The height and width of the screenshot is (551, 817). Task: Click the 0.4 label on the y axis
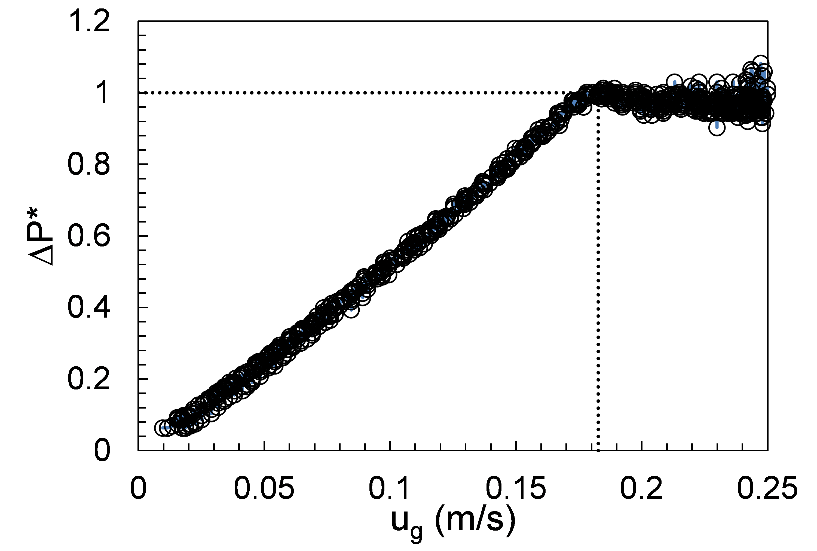click(89, 308)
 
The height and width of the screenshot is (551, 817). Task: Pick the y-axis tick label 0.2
click(89, 379)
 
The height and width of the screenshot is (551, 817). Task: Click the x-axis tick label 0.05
click(264, 488)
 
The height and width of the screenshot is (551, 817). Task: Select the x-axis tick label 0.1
click(389, 488)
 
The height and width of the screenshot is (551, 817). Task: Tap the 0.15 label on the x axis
click(516, 488)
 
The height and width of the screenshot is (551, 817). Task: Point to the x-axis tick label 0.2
click(641, 488)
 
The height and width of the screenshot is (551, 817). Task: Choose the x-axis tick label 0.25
click(767, 488)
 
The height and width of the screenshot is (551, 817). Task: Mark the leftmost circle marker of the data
click(162, 428)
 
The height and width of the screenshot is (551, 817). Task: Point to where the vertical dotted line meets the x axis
click(598, 450)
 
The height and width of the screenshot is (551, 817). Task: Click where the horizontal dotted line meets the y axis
click(138, 93)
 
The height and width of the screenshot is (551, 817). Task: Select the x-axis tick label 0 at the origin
click(138, 488)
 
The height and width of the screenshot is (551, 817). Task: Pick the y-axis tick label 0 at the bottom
click(102, 451)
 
